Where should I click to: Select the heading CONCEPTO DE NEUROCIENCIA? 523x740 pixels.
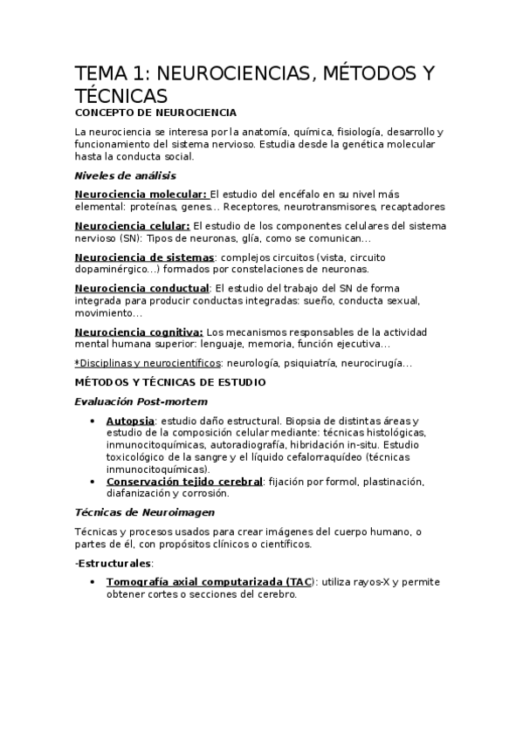click(x=155, y=113)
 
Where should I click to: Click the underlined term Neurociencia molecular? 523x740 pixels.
click(x=141, y=195)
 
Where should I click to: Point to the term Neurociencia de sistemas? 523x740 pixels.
click(x=144, y=257)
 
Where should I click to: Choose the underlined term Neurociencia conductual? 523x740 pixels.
click(x=142, y=289)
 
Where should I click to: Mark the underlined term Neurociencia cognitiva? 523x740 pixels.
click(x=139, y=332)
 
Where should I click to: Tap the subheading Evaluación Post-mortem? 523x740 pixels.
click(x=141, y=401)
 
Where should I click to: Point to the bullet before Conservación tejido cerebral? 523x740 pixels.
click(x=93, y=482)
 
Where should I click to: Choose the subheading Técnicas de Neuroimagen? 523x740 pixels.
click(x=144, y=513)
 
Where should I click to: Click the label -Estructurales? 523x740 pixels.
click(x=114, y=564)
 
